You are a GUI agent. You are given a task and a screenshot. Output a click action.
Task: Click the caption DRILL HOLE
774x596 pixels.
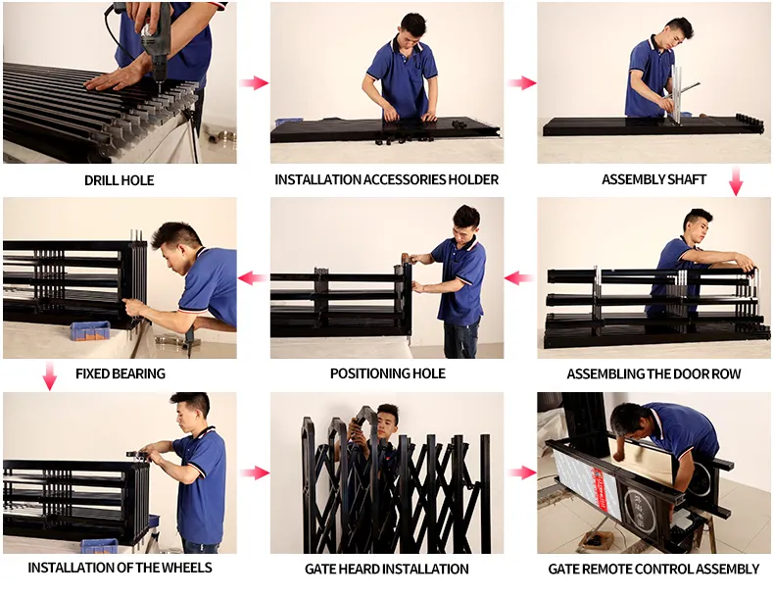[119, 180]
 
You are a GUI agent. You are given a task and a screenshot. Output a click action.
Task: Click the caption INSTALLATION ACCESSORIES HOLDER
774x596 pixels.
[386, 180]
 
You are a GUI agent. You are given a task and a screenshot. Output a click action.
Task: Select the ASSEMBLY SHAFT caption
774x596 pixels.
[653, 180]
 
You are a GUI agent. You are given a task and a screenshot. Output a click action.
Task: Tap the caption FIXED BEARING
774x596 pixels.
[120, 373]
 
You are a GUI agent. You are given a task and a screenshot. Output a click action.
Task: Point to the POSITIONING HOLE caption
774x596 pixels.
[387, 373]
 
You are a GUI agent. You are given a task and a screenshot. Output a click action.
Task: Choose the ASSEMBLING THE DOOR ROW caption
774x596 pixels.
[653, 374]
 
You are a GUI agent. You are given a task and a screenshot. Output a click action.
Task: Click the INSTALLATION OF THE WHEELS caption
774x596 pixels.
[120, 568]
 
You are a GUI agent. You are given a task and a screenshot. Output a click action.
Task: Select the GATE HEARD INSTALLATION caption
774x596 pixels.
[387, 569]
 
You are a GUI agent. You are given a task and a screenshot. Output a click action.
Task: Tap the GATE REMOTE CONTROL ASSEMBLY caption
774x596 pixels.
[653, 569]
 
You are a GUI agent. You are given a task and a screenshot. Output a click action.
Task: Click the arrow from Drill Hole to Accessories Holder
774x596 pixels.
[254, 83]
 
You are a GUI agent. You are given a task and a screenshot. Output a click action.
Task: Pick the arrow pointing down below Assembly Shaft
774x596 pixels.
[736, 181]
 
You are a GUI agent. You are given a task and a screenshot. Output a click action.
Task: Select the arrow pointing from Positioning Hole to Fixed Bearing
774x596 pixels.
[253, 278]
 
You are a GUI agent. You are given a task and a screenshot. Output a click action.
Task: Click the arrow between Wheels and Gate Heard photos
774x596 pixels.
[254, 473]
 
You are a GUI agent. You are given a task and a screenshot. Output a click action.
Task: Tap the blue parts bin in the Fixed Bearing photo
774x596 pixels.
[89, 330]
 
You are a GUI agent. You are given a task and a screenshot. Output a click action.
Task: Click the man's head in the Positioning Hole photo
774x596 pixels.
[465, 219]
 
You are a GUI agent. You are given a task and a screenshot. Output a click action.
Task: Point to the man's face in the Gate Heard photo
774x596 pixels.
[388, 420]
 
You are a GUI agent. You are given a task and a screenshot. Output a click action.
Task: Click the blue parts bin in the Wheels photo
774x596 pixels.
[99, 545]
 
